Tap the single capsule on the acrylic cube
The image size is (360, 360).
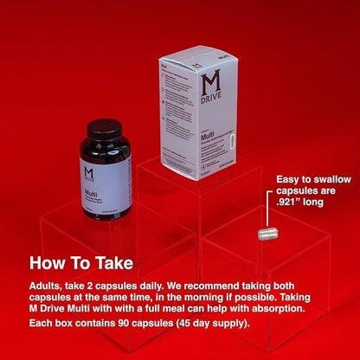coord(267,233)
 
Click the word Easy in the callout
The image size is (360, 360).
coord(289,179)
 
